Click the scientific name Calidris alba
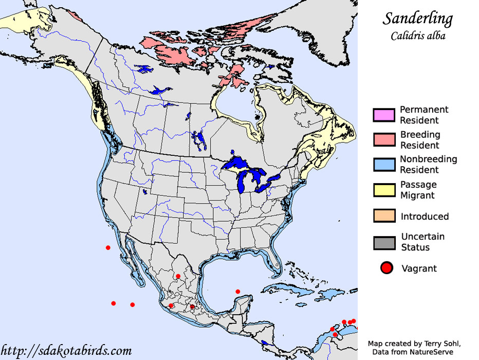[418, 36]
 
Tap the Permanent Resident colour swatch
[384, 115]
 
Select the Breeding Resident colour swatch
[384, 140]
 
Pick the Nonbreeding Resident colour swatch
[384, 165]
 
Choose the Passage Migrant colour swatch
[384, 190]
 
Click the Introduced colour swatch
[384, 216]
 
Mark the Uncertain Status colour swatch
[384, 242]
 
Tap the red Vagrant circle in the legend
[386, 268]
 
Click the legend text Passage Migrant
[418, 190]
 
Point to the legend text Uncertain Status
[422, 242]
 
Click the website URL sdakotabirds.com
[67, 351]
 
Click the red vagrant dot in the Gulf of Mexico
[237, 292]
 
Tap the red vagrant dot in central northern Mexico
[178, 276]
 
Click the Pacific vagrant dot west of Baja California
[108, 248]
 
